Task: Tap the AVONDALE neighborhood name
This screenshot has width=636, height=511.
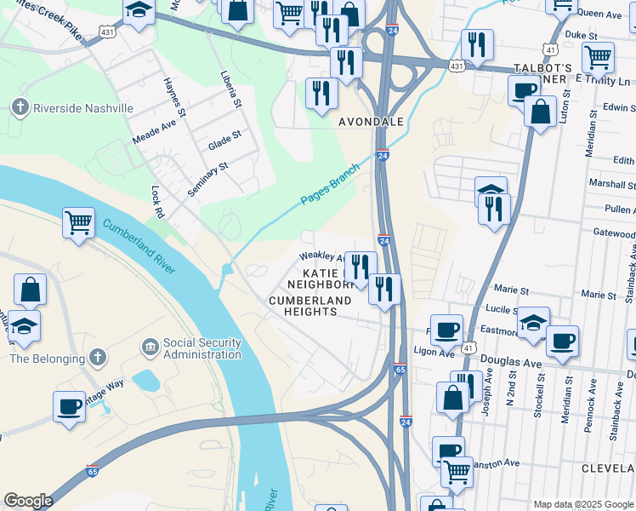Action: (371, 123)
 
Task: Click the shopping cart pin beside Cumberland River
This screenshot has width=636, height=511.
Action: (78, 224)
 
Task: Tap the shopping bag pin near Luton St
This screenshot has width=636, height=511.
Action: (540, 111)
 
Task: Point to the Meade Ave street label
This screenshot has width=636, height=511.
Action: (153, 131)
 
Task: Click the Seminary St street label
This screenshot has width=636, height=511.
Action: (208, 180)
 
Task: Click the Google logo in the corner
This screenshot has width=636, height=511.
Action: (28, 501)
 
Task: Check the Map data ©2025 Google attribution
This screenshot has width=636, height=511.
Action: (582, 504)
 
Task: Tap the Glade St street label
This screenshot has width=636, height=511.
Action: (224, 141)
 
